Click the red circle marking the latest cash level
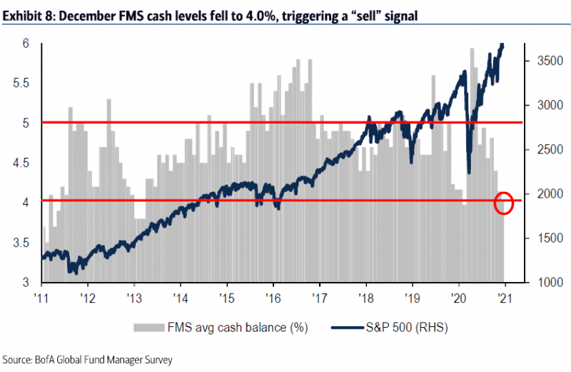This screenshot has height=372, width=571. click(504, 203)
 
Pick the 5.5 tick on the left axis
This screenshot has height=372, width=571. click(22, 83)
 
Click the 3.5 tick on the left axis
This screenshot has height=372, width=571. click(22, 243)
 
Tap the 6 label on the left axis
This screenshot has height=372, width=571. click(26, 44)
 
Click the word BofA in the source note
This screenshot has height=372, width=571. click(53, 361)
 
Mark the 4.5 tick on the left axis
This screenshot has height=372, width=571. click(22, 163)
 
